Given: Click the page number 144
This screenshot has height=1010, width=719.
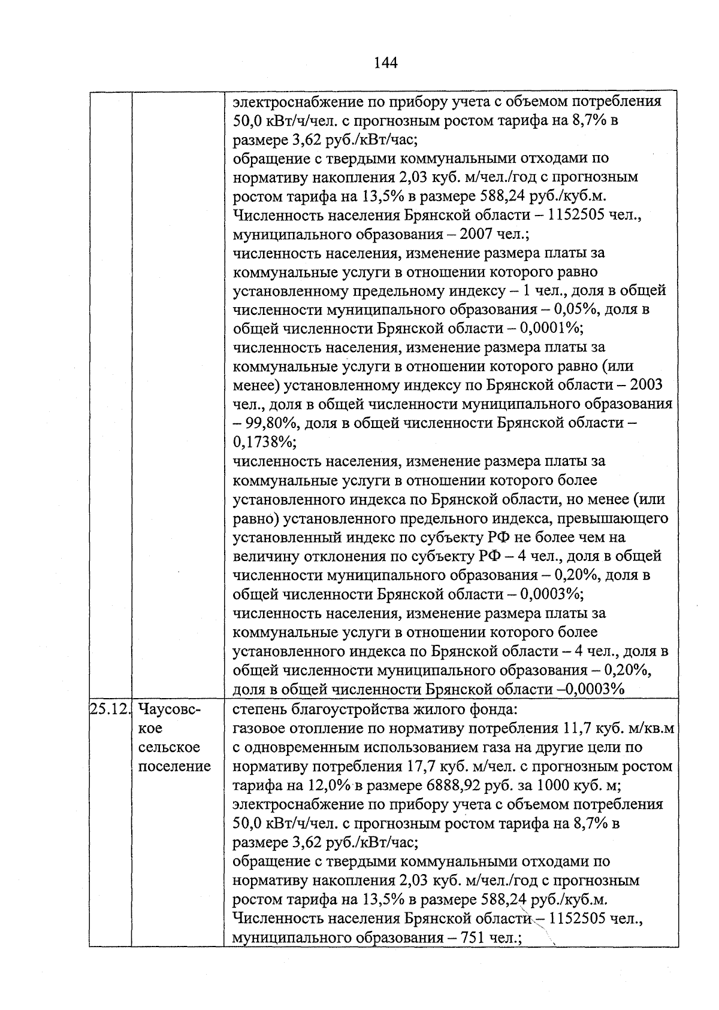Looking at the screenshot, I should coord(385,62).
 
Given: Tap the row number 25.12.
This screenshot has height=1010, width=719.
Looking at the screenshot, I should coord(110,709).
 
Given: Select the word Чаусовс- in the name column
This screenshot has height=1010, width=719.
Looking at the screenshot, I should coord(170,709).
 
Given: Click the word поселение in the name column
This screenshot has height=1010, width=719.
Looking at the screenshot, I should coord(174,766).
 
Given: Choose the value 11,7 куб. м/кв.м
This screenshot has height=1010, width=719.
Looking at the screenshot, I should coord(618,729).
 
